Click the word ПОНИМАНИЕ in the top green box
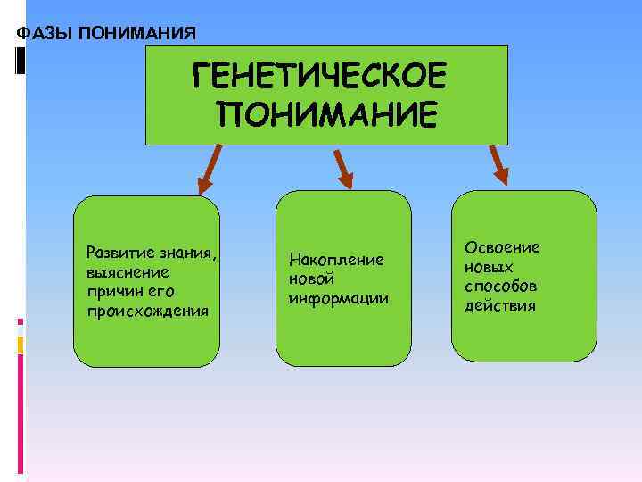[326, 115]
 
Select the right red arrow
[498, 166]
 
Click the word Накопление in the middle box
[336, 260]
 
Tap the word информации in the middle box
[338, 298]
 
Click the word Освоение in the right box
[502, 247]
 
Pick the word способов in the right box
[500, 287]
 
